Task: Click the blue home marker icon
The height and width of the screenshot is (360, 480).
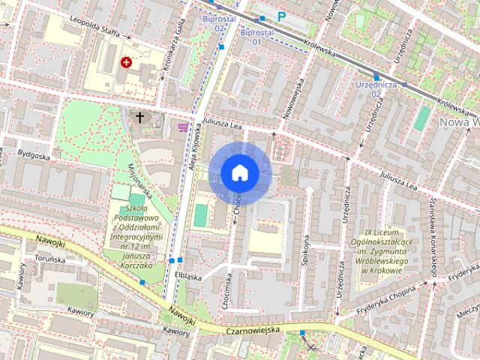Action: (x=240, y=173)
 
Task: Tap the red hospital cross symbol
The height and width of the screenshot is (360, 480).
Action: (x=126, y=62)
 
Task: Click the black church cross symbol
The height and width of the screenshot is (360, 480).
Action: (x=139, y=117)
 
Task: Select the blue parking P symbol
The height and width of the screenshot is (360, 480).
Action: (x=282, y=16)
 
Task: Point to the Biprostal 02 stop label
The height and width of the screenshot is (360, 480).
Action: (x=219, y=23)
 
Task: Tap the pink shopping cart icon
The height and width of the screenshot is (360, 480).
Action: (x=183, y=126)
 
